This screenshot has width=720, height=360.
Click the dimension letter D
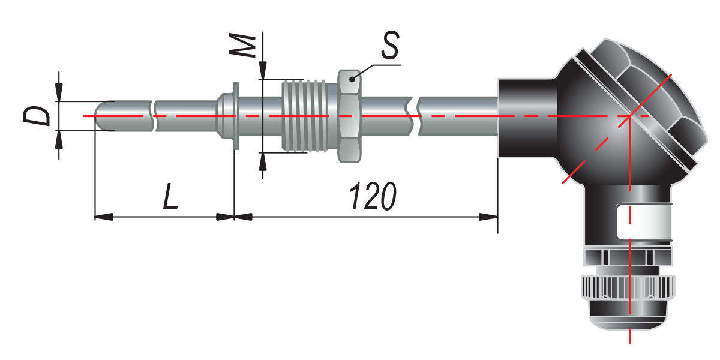pos(37,116)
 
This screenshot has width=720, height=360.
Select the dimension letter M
pos(242,46)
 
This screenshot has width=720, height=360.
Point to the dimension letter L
pos(170,196)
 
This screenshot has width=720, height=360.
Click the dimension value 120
pos(373,196)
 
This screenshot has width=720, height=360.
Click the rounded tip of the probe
pos(100,116)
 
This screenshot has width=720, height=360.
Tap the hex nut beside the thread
pos(349,116)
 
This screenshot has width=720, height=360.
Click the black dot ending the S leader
pos(352,79)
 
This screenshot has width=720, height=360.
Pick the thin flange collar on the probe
pos(236,116)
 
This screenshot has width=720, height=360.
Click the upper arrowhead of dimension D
pos(59,92)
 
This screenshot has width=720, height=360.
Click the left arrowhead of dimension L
pos(104,217)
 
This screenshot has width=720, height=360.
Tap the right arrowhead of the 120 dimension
pos(488,217)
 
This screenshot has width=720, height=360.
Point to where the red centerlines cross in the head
pos(629,116)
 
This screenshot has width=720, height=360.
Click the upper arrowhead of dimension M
pos(263,70)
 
